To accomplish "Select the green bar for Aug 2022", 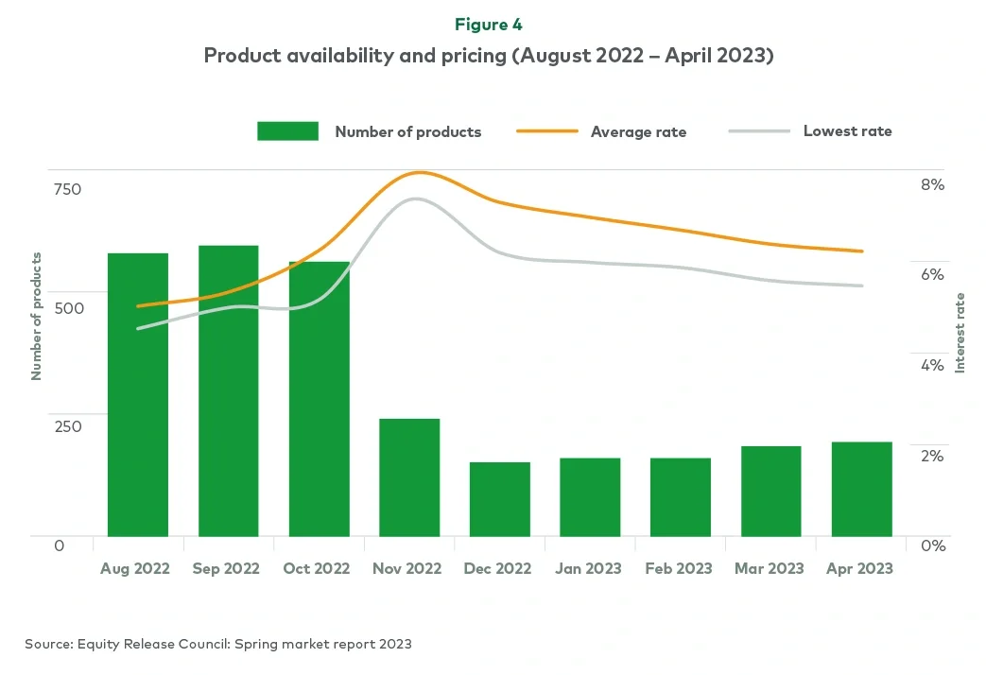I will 138,395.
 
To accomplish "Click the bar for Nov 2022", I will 409,477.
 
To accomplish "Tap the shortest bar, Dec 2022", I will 500,499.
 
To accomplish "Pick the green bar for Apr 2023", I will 862,489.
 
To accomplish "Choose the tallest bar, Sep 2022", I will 229,391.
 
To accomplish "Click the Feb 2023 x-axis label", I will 678,568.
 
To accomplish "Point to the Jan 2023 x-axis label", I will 589,568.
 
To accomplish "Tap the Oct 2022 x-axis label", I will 317,568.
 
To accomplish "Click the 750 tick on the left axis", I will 67,189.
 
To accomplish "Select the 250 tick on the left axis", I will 67,426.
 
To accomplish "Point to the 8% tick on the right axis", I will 932,184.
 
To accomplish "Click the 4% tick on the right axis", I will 932,365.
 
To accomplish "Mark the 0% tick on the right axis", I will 932,545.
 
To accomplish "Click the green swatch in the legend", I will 287,131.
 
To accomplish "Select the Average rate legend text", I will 638,132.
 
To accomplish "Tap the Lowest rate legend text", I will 847,131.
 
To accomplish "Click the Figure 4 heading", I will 489,25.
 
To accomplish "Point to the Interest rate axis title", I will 960,333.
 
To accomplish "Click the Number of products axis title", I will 37,317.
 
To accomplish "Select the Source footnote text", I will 218,644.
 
